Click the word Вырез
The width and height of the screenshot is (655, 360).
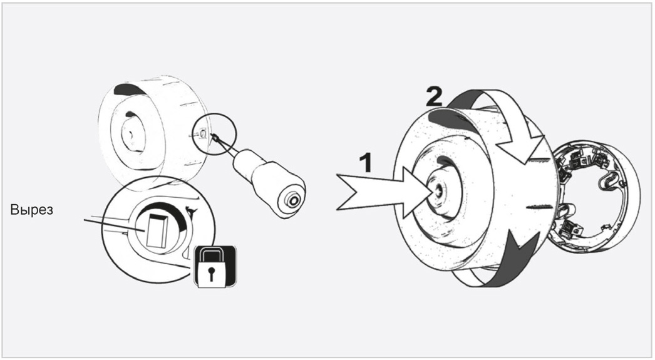point(32,210)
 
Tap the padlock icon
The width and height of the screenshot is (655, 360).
point(215,267)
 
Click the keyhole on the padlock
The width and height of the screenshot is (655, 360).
point(212,274)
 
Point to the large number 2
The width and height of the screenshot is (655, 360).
point(434,97)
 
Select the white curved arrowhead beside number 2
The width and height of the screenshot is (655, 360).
point(527,146)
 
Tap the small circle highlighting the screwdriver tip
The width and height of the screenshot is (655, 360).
point(214,135)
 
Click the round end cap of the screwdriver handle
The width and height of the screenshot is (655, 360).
point(291,202)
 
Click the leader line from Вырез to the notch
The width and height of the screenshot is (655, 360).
point(115,225)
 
